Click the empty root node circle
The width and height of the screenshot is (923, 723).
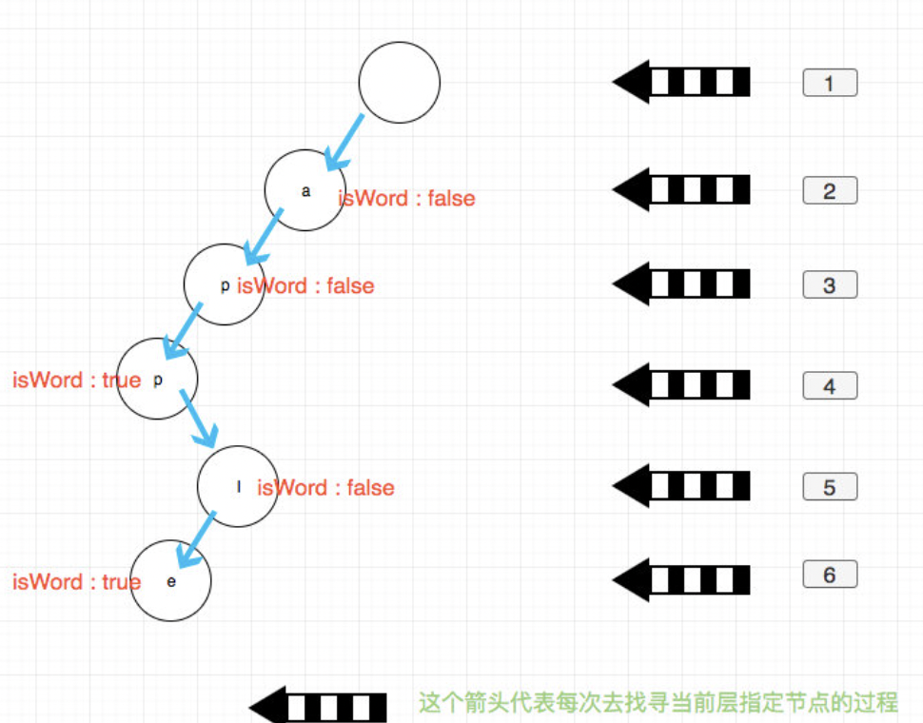point(400,82)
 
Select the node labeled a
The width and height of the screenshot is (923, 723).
point(304,190)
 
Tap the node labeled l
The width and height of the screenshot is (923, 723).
point(237,486)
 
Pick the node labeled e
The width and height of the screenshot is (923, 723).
point(170,580)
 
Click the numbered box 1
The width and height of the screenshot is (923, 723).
point(830,83)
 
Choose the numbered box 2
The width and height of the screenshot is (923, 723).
point(830,190)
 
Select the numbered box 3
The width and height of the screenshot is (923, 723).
point(830,284)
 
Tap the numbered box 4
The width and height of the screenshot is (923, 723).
point(830,385)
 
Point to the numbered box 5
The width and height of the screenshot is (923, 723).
point(830,486)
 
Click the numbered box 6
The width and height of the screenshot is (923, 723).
point(830,575)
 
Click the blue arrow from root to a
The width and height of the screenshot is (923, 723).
point(344,143)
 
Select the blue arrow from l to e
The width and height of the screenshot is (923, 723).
point(195,539)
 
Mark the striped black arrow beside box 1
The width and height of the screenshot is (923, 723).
point(681,82)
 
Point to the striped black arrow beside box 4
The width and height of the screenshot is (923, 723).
point(681,384)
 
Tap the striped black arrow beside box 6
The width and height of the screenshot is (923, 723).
point(681,579)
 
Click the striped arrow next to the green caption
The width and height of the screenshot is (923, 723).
point(319,707)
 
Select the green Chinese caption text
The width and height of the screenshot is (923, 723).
point(658,703)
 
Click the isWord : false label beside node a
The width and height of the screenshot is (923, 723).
point(407,198)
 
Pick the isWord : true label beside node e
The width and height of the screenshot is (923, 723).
point(76,581)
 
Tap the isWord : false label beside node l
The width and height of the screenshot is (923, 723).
point(326,487)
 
